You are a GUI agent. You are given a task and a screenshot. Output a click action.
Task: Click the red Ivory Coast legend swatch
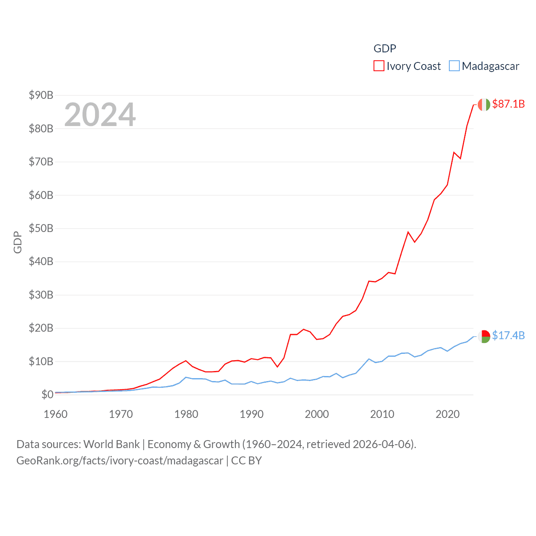pos(379,66)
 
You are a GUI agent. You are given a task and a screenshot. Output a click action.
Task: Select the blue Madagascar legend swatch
pos(454,66)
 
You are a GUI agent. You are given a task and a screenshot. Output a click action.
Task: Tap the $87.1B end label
pos(508,104)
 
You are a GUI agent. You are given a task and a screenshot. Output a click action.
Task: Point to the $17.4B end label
pos(508,335)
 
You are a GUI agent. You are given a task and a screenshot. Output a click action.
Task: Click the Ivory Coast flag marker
pos(484,105)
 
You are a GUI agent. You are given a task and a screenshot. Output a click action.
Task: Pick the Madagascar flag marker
pos(484,336)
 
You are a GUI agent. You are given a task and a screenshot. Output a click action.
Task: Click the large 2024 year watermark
pos(100,115)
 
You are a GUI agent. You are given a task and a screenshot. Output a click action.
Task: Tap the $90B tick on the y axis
pos(41,95)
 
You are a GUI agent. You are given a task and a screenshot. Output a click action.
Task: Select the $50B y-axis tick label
pos(41,228)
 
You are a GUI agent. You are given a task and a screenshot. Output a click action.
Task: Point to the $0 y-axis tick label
pos(47,394)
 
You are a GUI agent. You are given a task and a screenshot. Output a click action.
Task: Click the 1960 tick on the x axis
pos(56,414)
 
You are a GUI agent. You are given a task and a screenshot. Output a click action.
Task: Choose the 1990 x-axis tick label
pos(252,414)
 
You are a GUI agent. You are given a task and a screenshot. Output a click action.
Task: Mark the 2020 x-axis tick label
pos(448,414)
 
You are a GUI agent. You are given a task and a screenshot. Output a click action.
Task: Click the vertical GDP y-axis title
pos(18,242)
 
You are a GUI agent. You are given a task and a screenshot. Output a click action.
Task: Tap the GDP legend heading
pos(384,49)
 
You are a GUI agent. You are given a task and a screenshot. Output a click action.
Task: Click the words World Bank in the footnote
pos(112,444)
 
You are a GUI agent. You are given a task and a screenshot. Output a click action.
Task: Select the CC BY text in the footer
pos(246,461)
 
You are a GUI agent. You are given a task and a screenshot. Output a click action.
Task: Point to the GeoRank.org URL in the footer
pos(120,461)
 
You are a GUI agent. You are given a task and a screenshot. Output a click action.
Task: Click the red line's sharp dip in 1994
pos(277,367)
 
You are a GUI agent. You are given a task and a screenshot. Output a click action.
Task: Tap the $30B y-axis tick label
pos(41,295)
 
